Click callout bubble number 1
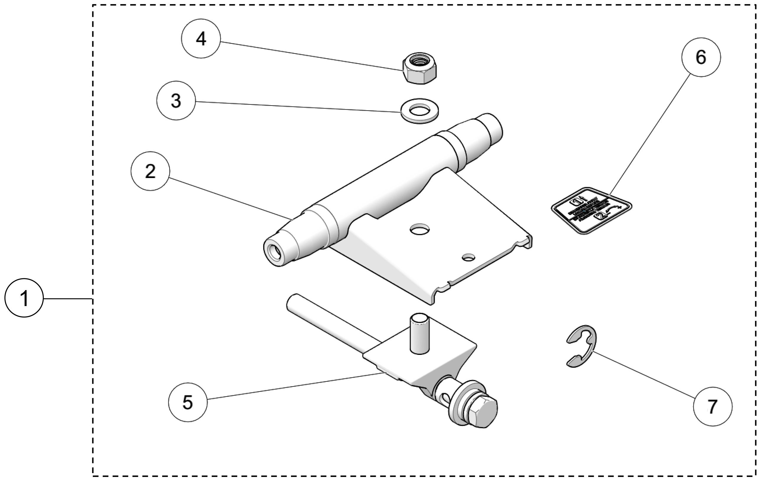[x=24, y=298]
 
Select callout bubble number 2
[x=150, y=171]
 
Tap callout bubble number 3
[x=176, y=101]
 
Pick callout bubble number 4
[x=201, y=39]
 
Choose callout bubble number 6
[x=701, y=57]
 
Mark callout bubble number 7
[x=712, y=407]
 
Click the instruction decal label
[x=591, y=210]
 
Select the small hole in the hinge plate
[x=468, y=258]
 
